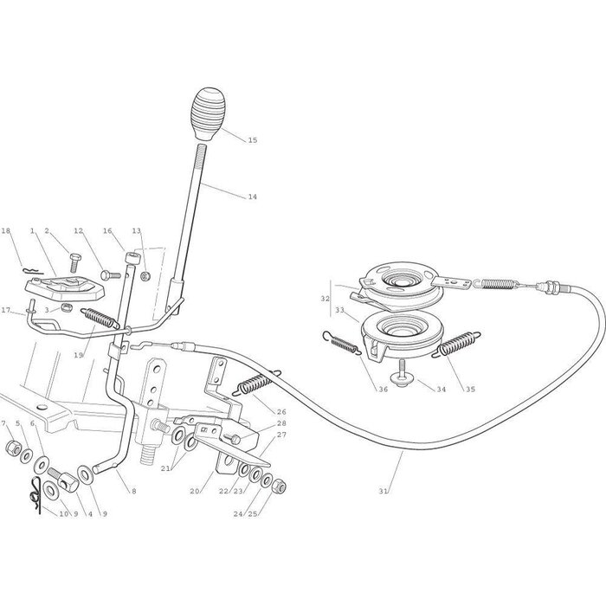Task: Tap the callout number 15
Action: pyautogui.click(x=253, y=140)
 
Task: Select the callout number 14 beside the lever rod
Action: pyautogui.click(x=252, y=197)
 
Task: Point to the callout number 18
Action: pyautogui.click(x=6, y=231)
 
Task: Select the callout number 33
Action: pyautogui.click(x=340, y=310)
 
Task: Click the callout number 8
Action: pyautogui.click(x=133, y=491)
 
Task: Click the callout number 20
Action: pyautogui.click(x=196, y=491)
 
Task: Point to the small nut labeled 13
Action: pyautogui.click(x=145, y=276)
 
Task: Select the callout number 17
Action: pyautogui.click(x=6, y=311)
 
